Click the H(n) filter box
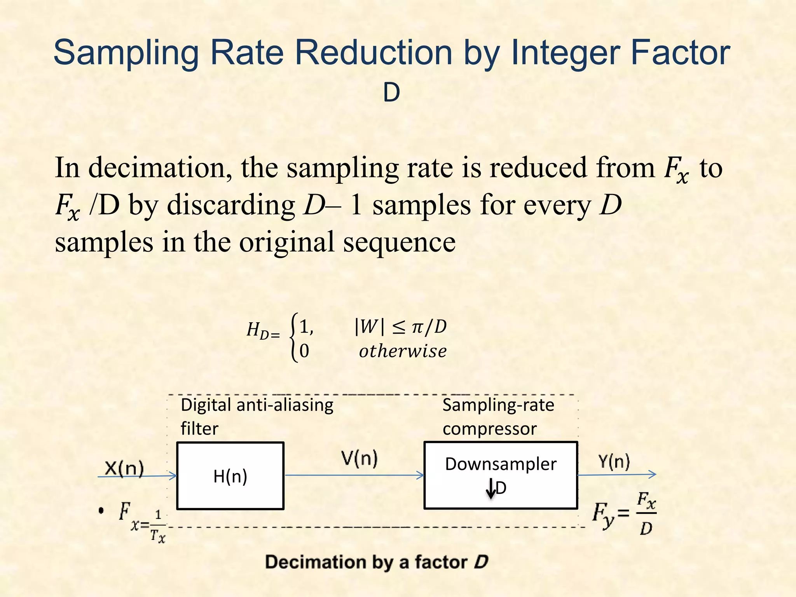pyautogui.click(x=230, y=476)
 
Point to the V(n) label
pyautogui.click(x=360, y=458)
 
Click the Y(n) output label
pyautogui.click(x=614, y=461)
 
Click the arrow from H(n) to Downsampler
pyautogui.click(x=354, y=475)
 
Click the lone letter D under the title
pyautogui.click(x=391, y=93)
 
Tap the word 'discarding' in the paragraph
pyautogui.click(x=231, y=205)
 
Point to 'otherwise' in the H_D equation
pyautogui.click(x=403, y=351)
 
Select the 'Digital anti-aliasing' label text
pyautogui.click(x=257, y=405)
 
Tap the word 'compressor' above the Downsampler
pyautogui.click(x=490, y=429)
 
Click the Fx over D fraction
pyautogui.click(x=646, y=513)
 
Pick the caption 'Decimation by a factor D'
pyautogui.click(x=376, y=562)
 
